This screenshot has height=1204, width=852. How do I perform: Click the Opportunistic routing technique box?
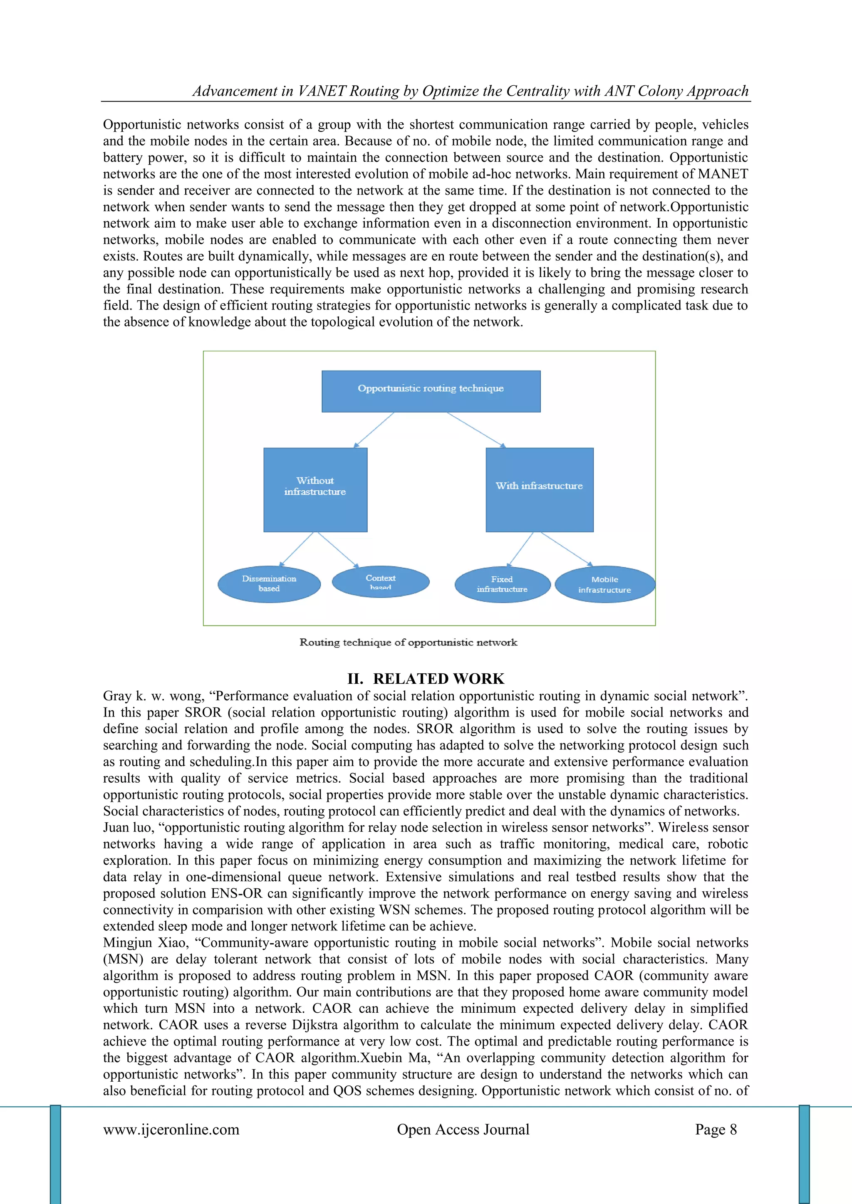431,391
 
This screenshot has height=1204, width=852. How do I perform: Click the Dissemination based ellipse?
269,584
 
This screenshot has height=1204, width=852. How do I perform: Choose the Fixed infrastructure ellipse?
502,584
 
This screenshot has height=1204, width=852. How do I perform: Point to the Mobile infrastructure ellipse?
604,584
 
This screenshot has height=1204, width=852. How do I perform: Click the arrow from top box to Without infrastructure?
374,430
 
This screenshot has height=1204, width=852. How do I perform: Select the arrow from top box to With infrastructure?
476,430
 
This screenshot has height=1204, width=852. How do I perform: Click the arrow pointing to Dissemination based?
297,549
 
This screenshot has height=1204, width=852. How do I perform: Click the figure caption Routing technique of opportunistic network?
408,643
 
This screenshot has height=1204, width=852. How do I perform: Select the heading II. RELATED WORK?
426,679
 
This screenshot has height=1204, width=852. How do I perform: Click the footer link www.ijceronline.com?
171,1129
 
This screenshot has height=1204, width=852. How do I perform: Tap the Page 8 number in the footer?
716,1129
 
